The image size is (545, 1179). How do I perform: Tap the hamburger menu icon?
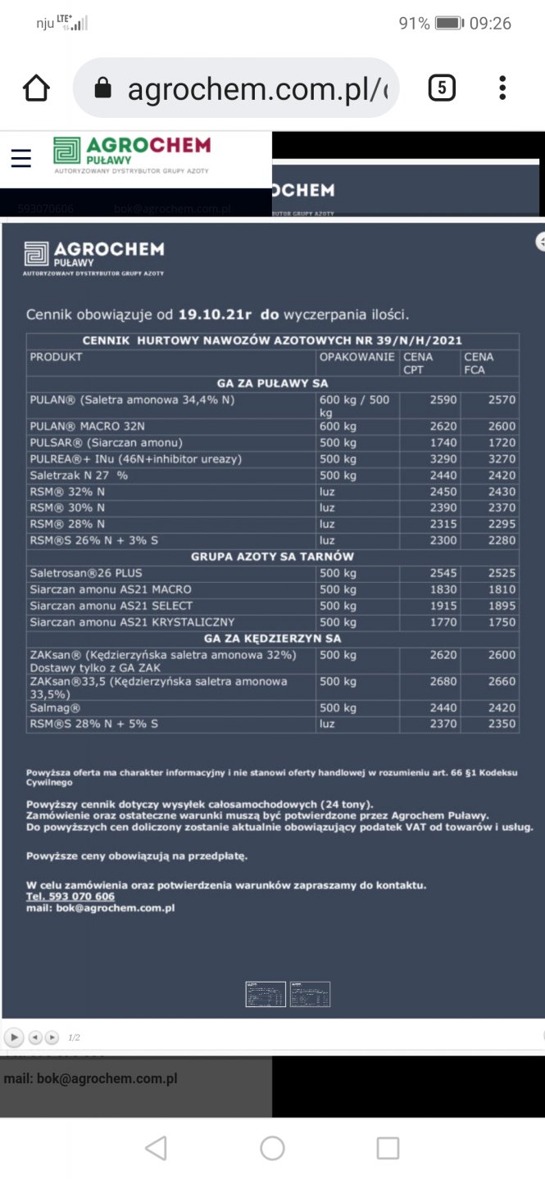[x=20, y=158]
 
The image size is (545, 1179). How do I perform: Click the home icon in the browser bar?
[x=37, y=88]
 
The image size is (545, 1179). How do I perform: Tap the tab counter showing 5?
[x=442, y=88]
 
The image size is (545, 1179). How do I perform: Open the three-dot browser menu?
[x=502, y=88]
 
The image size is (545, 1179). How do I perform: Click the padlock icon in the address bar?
[x=102, y=88]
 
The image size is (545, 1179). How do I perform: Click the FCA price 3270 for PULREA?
[x=502, y=458]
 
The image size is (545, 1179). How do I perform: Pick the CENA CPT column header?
[x=419, y=363]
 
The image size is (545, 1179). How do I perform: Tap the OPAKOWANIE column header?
[x=357, y=357]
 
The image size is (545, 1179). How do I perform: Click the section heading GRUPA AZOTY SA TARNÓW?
[x=272, y=557]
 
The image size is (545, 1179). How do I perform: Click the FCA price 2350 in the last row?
[x=502, y=724]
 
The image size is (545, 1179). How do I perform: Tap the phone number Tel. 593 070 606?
[x=70, y=897]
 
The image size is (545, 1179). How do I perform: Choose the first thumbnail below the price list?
[x=266, y=994]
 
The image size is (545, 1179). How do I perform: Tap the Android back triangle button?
[x=155, y=1148]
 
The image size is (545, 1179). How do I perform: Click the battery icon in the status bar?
[x=449, y=23]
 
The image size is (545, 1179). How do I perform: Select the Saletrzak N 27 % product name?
[x=79, y=475]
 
